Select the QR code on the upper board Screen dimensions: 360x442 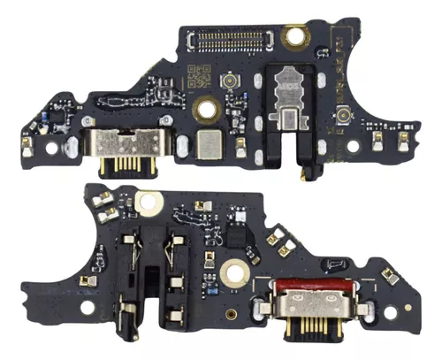[x=202, y=77]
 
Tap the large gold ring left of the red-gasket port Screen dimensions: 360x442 [x=234, y=272]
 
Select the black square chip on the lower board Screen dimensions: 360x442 [x=234, y=235]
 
